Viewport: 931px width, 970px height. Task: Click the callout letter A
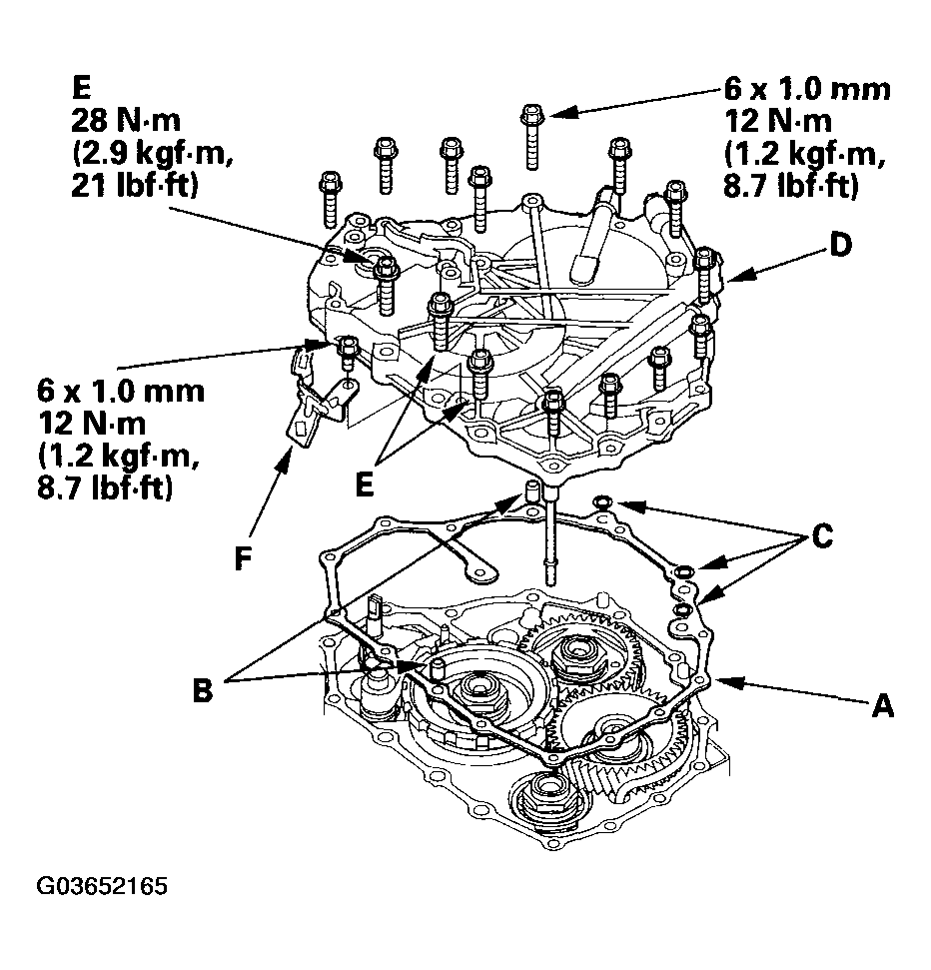[883, 705]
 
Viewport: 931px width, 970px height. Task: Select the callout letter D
[841, 245]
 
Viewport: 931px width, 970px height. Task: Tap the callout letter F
[243, 558]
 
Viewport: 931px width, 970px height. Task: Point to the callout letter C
[821, 535]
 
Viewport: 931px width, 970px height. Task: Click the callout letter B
[203, 689]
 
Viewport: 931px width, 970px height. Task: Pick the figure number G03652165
[102, 886]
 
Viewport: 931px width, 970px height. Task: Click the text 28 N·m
[126, 120]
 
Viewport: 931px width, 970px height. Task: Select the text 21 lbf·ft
[134, 185]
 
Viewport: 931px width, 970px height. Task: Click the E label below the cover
[365, 485]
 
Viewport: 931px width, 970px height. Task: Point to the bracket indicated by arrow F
[318, 399]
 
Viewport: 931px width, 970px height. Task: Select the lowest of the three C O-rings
[683, 610]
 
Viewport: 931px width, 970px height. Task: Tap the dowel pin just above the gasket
[530, 491]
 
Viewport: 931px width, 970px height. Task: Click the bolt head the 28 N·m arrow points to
[386, 267]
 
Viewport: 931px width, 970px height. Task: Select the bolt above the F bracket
[347, 355]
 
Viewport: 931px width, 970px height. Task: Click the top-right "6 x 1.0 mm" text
[807, 89]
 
